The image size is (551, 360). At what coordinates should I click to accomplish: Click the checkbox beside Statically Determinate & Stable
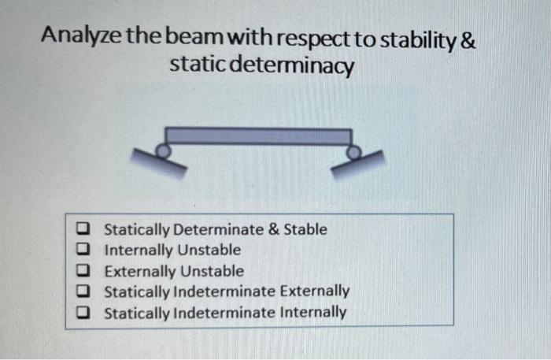[83, 230]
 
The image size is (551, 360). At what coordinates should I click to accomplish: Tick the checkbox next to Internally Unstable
[83, 251]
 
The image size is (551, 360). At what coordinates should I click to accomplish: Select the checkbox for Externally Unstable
[83, 271]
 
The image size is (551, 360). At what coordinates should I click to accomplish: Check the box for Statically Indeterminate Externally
[83, 291]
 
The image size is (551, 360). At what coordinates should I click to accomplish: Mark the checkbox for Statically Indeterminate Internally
[83, 312]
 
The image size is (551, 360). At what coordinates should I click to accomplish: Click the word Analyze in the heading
[79, 38]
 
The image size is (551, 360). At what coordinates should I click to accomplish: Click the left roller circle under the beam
[162, 148]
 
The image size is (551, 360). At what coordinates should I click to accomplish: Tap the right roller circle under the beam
[354, 148]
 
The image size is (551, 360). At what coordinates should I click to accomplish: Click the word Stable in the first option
[305, 230]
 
